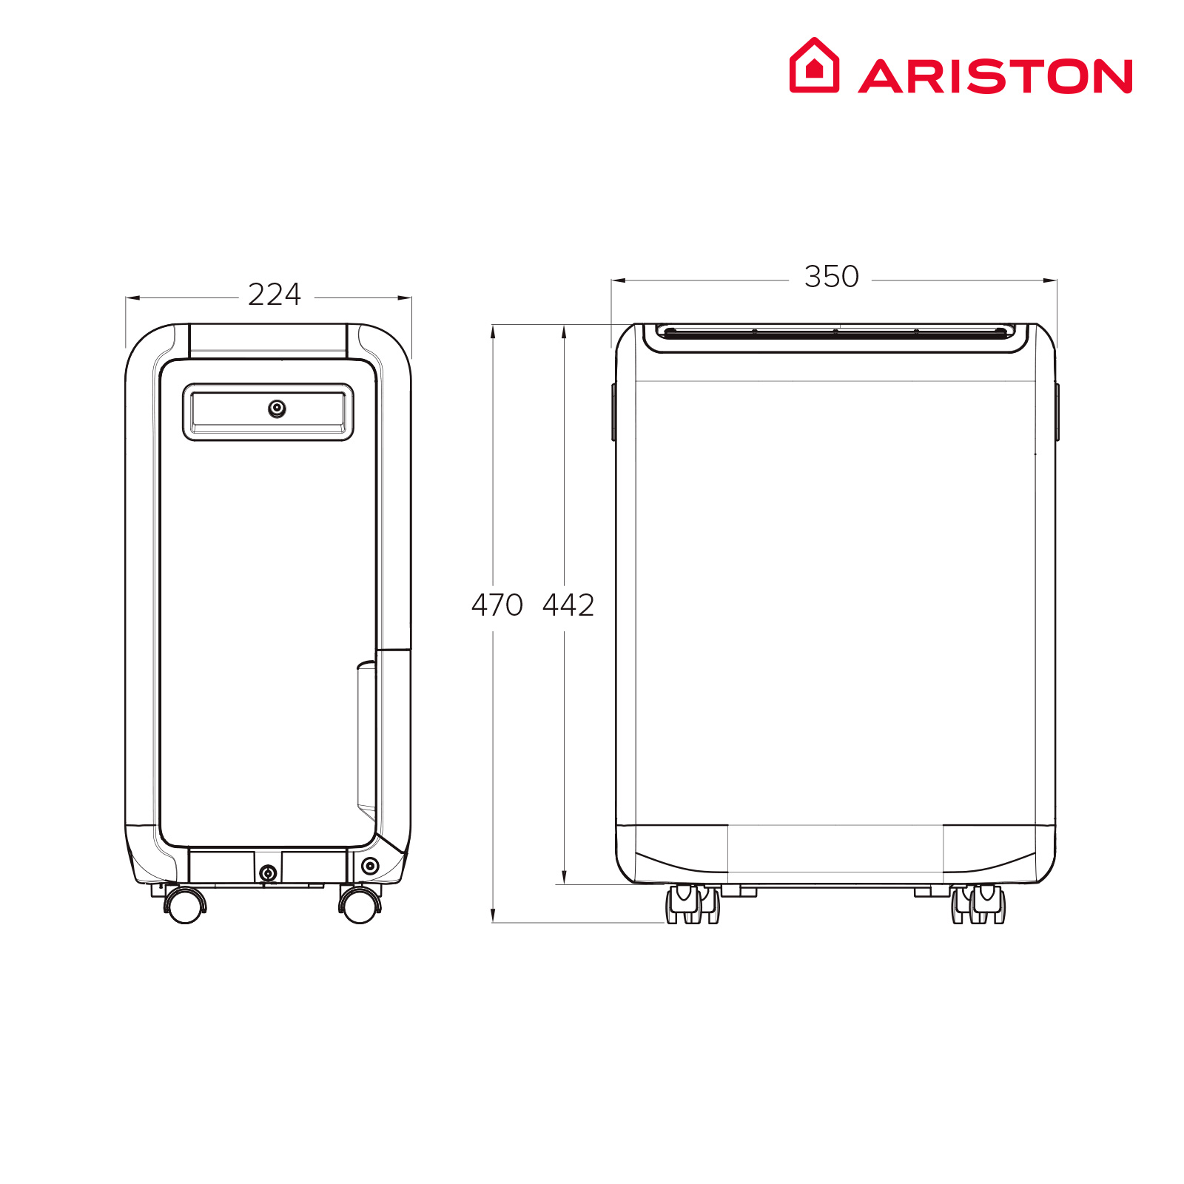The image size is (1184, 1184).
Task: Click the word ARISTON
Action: [x=995, y=76]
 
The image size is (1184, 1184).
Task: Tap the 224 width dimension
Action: [x=275, y=295]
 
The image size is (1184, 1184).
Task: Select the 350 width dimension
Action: [x=832, y=277]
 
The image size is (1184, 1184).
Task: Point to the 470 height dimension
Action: [x=497, y=605]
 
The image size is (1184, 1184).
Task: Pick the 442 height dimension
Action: [x=568, y=605]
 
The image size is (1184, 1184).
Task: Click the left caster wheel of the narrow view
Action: [x=185, y=904]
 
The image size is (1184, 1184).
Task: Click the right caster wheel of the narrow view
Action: [x=360, y=904]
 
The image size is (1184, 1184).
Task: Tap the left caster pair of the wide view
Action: [x=693, y=904]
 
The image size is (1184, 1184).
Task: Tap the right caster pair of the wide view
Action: [x=978, y=904]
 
